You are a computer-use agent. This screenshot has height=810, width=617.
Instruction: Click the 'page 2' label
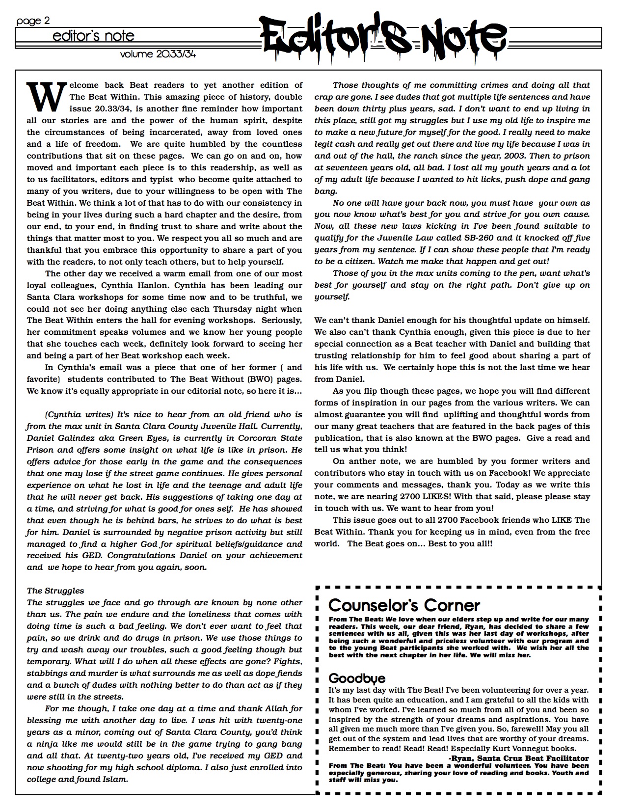pos(33,21)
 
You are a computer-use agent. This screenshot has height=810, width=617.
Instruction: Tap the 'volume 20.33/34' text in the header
pos(158,54)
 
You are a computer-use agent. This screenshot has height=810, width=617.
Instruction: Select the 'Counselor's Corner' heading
pos(404,605)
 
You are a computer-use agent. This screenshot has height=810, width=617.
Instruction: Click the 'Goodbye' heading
pos(357,678)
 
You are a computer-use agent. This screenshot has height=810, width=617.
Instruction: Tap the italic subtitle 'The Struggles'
pos(55,591)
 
